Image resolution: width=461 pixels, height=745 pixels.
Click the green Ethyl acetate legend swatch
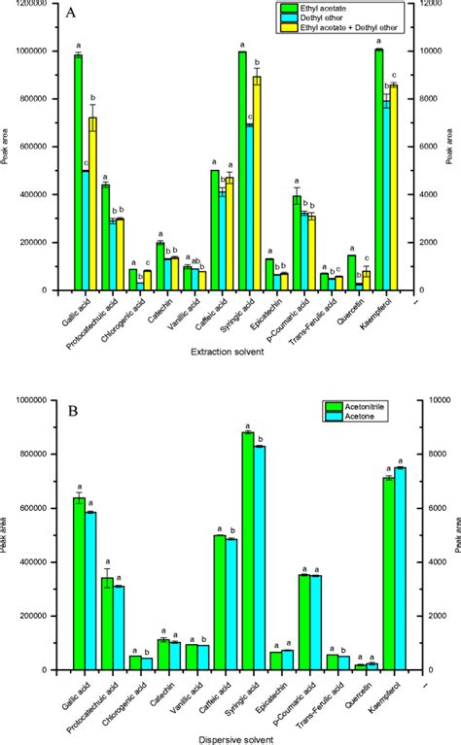[x=280, y=8]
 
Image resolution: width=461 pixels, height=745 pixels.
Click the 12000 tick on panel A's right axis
[x=426, y=4]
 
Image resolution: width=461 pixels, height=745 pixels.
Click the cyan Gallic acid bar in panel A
[x=86, y=230]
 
